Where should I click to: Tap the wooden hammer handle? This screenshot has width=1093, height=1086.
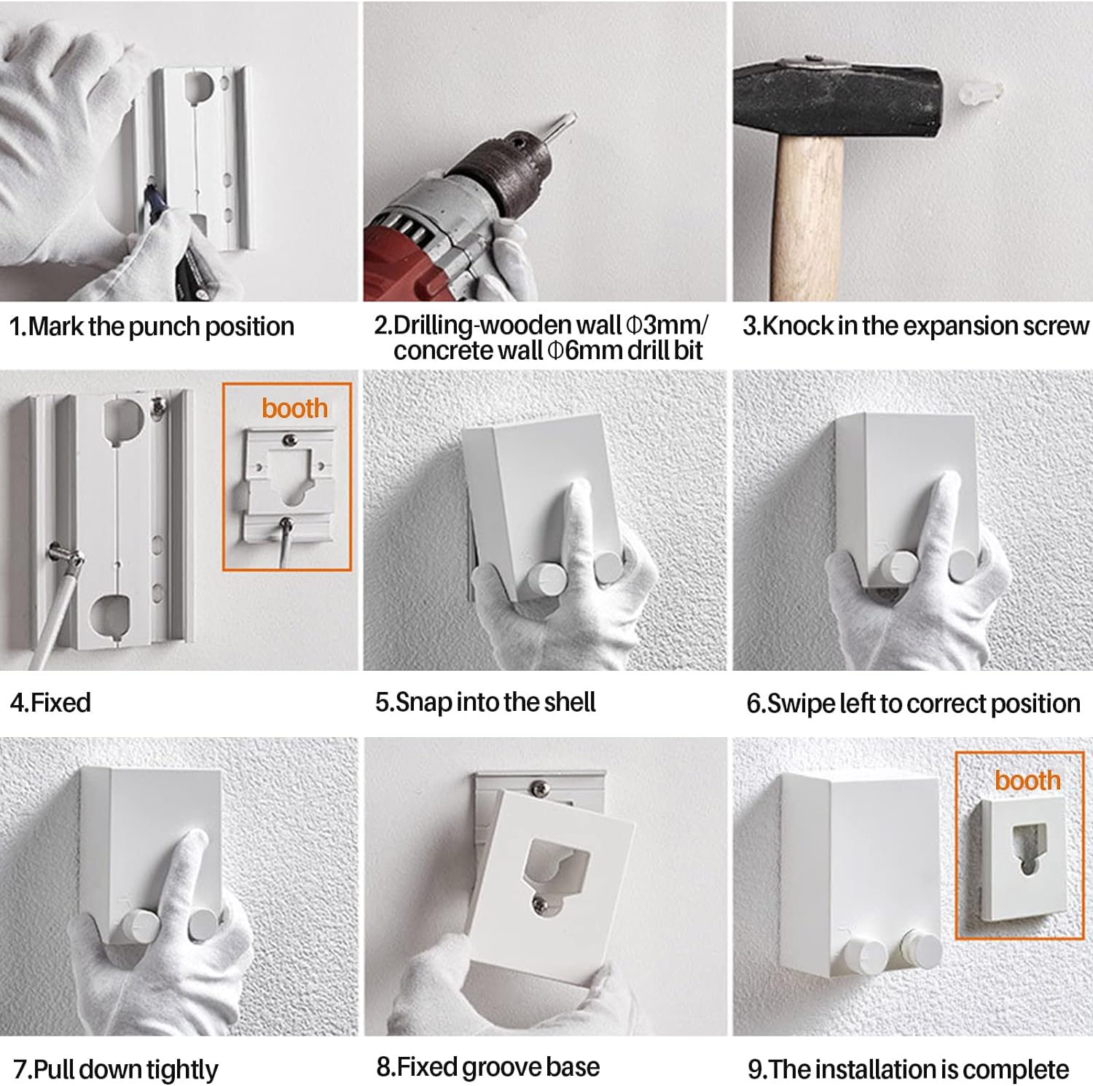(x=808, y=219)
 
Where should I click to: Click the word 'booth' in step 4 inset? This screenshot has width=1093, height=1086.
(x=294, y=409)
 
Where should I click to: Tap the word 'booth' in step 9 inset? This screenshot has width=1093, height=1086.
(x=1027, y=780)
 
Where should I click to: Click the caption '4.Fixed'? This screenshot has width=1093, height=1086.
(x=50, y=703)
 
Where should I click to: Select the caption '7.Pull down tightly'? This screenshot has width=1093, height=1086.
(x=116, y=1070)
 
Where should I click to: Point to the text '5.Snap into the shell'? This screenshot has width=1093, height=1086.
(x=485, y=702)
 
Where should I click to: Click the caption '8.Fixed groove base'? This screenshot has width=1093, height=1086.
(x=487, y=1067)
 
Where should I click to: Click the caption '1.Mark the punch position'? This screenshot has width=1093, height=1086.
(x=152, y=326)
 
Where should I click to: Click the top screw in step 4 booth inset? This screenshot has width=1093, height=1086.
(x=289, y=439)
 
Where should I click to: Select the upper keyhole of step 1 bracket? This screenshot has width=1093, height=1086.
(x=197, y=87)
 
